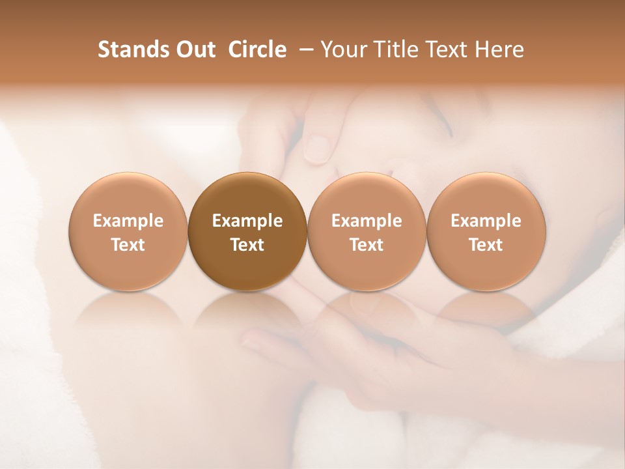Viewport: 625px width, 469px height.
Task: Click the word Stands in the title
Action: point(126,50)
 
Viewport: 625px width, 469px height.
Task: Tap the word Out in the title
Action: point(193,50)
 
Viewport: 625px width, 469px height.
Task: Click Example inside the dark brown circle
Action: point(247,221)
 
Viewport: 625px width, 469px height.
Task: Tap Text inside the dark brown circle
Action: point(247,245)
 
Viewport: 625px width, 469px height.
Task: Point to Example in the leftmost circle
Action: point(128,221)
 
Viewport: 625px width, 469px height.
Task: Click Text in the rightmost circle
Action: point(486,245)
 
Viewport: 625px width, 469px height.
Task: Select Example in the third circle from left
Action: point(367,221)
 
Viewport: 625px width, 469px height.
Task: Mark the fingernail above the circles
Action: point(318,148)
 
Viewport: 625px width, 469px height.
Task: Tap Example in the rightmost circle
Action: point(486,221)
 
